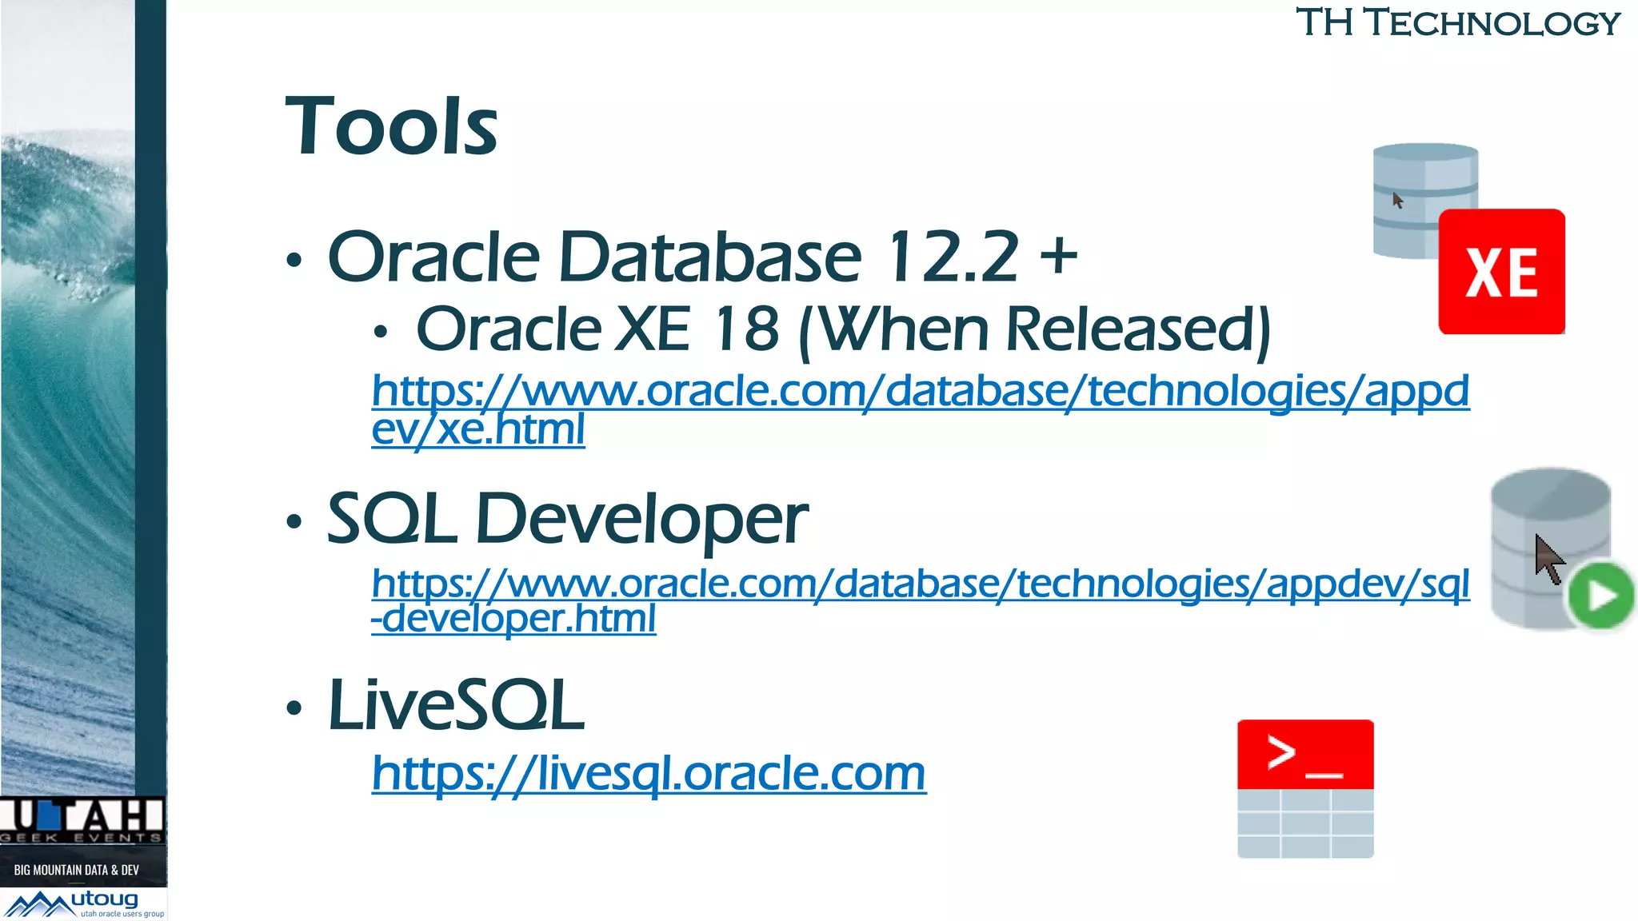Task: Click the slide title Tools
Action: [x=391, y=126]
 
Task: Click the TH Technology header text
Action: [x=1457, y=22]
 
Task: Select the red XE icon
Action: [x=1501, y=272]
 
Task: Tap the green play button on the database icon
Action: [x=1601, y=596]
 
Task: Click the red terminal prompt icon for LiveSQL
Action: [x=1304, y=755]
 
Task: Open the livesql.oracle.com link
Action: [x=649, y=773]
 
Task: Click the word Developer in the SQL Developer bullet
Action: [x=641, y=520]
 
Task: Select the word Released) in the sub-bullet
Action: [x=1138, y=329]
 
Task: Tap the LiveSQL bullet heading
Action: [x=457, y=705]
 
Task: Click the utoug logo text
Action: [x=105, y=899]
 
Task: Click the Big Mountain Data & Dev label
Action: [x=77, y=870]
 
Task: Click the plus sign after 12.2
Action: [x=1058, y=256]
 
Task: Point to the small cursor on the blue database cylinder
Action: [x=1397, y=200]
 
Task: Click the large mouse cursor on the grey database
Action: [x=1548, y=559]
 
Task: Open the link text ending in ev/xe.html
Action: [x=478, y=429]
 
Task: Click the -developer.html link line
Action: [x=513, y=619]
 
